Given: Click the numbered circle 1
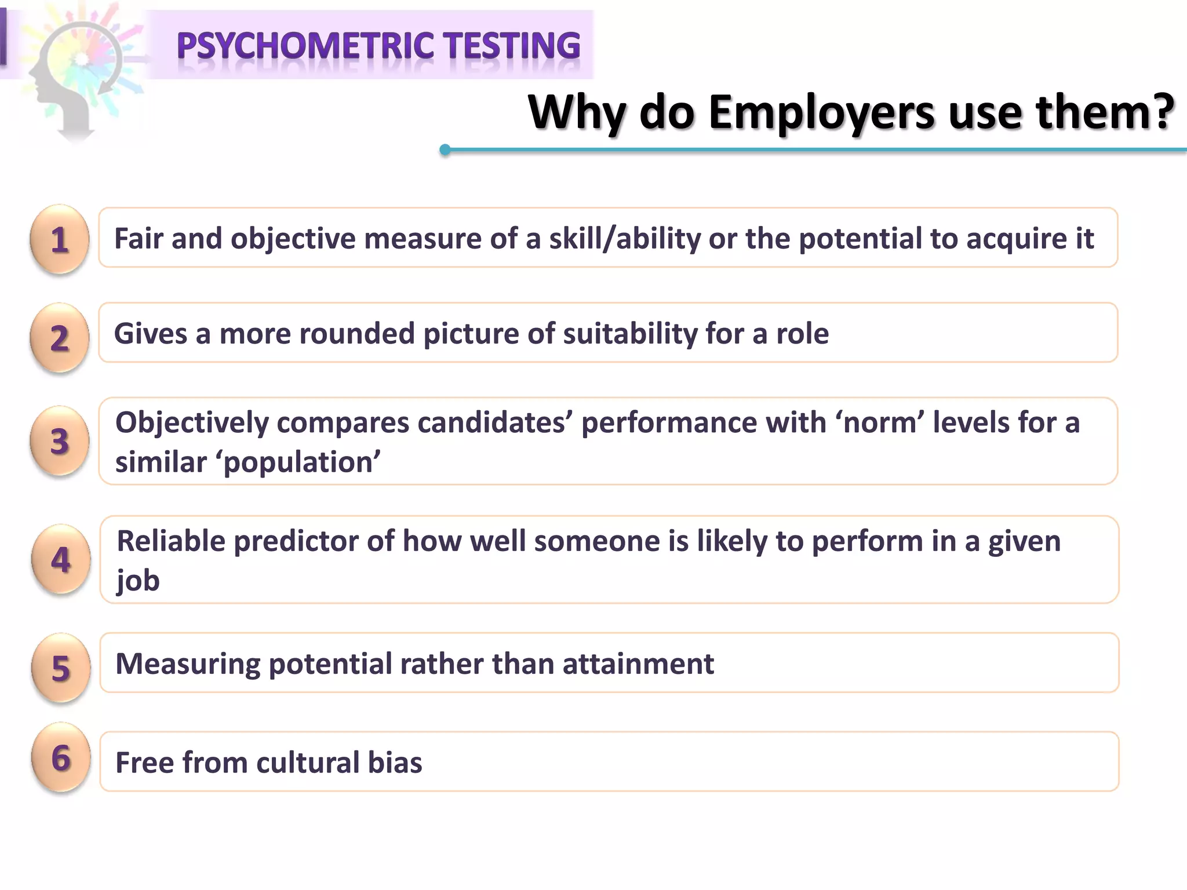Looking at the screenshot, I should click(60, 239).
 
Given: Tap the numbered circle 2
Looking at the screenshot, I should click(60, 337).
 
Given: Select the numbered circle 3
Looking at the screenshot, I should click(60, 441).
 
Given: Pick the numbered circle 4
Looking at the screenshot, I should click(61, 559).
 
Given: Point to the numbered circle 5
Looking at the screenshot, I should click(61, 667).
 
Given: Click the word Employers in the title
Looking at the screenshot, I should click(821, 112).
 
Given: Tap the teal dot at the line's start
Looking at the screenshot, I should click(445, 150).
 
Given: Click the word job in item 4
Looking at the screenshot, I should click(138, 581).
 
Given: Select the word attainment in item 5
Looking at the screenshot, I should click(638, 663).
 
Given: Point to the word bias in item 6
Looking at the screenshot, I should click(395, 762).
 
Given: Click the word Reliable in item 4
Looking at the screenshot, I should click(171, 541).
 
